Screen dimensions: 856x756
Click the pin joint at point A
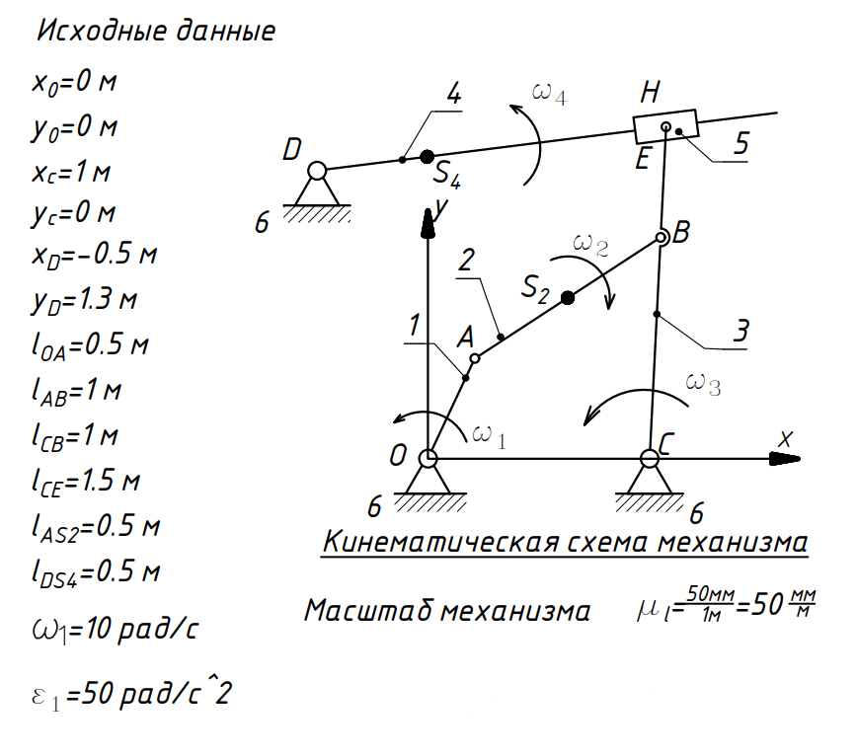coord(474,358)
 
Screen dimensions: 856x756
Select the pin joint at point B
coord(661,238)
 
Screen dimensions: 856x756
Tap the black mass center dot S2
coord(568,297)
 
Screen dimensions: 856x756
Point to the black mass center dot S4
coord(427,157)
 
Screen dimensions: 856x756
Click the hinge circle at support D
coord(317,171)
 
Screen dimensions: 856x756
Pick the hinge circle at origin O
coord(428,459)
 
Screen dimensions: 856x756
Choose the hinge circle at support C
coord(649,459)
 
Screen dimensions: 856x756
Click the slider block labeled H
coord(665,126)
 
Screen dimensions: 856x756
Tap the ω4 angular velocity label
coord(549,93)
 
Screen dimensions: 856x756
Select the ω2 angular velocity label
coord(590,244)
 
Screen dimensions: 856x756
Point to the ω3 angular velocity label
coord(703,383)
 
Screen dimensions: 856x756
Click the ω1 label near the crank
coord(489,436)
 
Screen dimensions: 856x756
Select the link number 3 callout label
coord(740,331)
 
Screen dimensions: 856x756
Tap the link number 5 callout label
coord(740,143)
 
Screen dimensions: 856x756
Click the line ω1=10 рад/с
coord(115,630)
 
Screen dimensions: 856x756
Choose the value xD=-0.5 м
coord(95,255)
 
